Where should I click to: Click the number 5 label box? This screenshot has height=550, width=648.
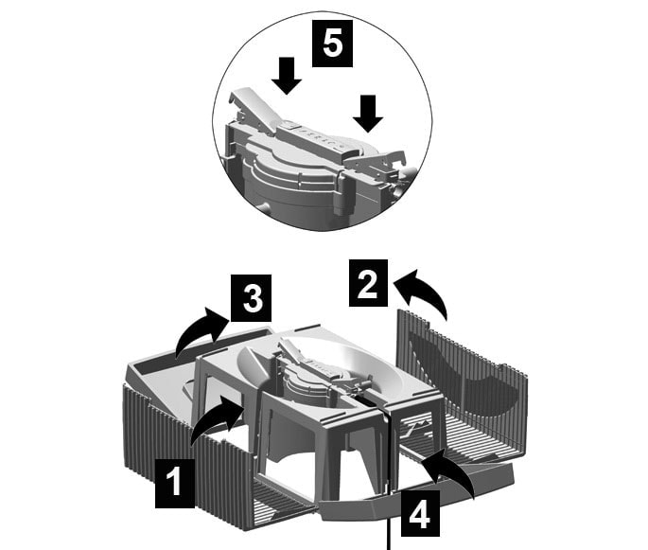point(332,44)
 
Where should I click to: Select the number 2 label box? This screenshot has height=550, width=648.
point(368,283)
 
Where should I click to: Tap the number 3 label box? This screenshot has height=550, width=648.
point(251,298)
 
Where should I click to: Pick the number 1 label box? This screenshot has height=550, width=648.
point(175,483)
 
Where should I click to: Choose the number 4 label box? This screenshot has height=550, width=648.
point(419,514)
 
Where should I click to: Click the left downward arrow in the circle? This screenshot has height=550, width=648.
point(287,76)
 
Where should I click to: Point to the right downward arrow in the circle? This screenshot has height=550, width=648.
point(368,114)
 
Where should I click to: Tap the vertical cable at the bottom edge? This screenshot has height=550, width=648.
point(389,534)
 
